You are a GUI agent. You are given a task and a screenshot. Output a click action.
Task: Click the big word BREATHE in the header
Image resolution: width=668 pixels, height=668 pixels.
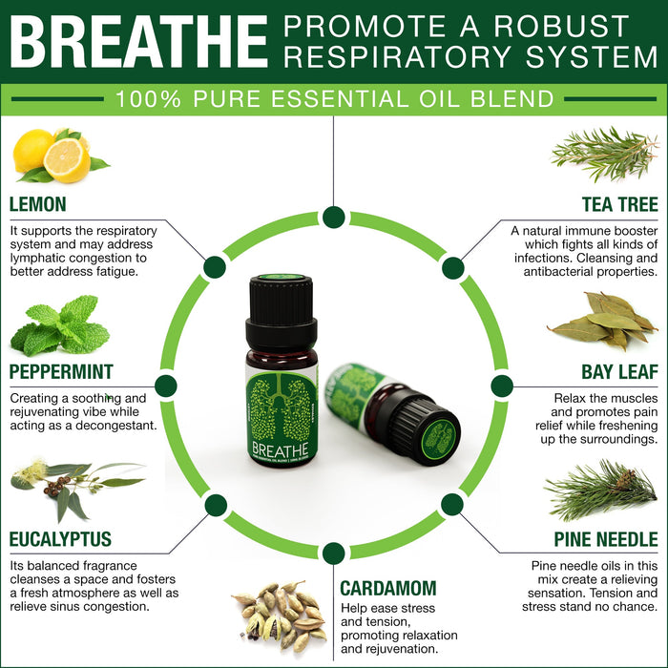pyautogui.click(x=138, y=42)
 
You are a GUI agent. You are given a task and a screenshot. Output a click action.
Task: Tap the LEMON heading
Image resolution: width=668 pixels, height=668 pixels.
pyautogui.click(x=38, y=204)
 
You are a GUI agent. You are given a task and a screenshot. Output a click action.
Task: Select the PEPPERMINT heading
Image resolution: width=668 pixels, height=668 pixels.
pyautogui.click(x=61, y=371)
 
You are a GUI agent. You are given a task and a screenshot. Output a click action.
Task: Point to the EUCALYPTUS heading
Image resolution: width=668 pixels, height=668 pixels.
pyautogui.click(x=60, y=539)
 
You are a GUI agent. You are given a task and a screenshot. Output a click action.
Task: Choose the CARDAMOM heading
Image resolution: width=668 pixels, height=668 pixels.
pyautogui.click(x=388, y=589)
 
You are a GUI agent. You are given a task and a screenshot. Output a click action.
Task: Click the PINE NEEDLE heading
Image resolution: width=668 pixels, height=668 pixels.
pyautogui.click(x=606, y=539)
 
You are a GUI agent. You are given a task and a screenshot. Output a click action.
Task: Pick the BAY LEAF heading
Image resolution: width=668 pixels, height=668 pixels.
pyautogui.click(x=620, y=372)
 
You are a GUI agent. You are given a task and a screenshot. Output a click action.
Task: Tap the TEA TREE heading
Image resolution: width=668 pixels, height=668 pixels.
pyautogui.click(x=620, y=204)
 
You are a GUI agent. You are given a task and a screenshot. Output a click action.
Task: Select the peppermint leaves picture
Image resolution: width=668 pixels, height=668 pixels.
pyautogui.click(x=60, y=326)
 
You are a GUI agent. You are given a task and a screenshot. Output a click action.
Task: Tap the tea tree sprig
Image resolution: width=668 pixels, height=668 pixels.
pyautogui.click(x=604, y=154)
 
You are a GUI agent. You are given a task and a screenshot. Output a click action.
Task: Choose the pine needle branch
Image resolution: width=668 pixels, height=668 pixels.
pyautogui.click(x=601, y=490)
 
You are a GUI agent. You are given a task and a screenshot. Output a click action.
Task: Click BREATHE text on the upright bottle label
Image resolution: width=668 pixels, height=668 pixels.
pyautogui.click(x=280, y=449)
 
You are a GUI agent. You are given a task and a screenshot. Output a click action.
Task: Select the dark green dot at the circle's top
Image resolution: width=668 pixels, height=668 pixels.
pyautogui.click(x=334, y=218)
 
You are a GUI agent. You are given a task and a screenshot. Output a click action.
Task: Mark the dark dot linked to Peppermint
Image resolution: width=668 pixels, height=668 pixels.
pyautogui.click(x=166, y=386)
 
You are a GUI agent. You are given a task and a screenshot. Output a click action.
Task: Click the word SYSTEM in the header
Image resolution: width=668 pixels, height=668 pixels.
pyautogui.click(x=593, y=56)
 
